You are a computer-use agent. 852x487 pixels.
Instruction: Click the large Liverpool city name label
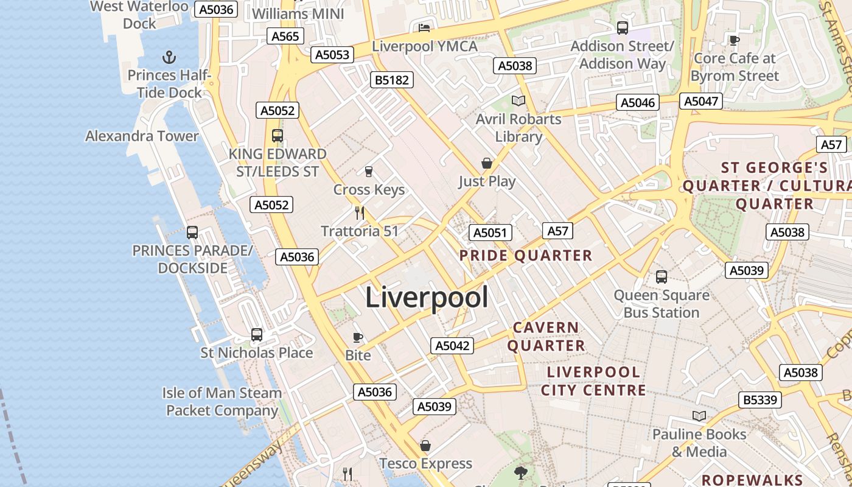pyautogui.click(x=427, y=297)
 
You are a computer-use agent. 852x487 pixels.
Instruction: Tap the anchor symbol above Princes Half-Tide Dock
pyautogui.click(x=169, y=57)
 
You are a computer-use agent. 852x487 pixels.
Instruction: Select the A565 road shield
pyautogui.click(x=285, y=36)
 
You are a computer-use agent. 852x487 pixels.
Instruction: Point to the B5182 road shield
pyautogui.click(x=393, y=80)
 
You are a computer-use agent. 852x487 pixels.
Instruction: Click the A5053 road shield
pyautogui.click(x=332, y=55)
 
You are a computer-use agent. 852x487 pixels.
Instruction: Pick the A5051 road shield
pyautogui.click(x=491, y=233)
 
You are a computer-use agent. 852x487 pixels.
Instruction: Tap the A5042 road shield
pyautogui.click(x=452, y=346)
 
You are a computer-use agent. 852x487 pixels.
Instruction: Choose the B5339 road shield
pyautogui.click(x=761, y=400)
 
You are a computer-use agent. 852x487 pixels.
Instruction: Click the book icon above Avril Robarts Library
pyautogui.click(x=518, y=100)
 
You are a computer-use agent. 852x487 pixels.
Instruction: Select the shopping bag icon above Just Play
pyautogui.click(x=486, y=163)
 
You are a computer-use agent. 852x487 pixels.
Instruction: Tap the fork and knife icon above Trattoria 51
pyautogui.click(x=360, y=212)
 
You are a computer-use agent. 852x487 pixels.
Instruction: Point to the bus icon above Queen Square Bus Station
pyautogui.click(x=662, y=277)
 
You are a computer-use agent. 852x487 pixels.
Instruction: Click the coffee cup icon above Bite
pyautogui.click(x=358, y=337)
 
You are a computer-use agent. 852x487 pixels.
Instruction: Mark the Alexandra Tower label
pyautogui.click(x=142, y=136)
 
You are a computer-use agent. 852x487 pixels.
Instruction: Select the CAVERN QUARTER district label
pyautogui.click(x=546, y=337)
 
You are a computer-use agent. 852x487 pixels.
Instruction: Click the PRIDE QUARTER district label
pyautogui.click(x=526, y=256)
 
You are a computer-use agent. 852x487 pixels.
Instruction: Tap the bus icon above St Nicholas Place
pyautogui.click(x=257, y=335)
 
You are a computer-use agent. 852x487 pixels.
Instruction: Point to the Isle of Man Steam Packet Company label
pyautogui.click(x=222, y=402)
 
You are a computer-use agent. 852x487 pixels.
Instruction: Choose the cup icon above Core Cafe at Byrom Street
pyautogui.click(x=735, y=40)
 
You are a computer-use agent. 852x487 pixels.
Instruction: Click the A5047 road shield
pyautogui.click(x=701, y=101)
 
